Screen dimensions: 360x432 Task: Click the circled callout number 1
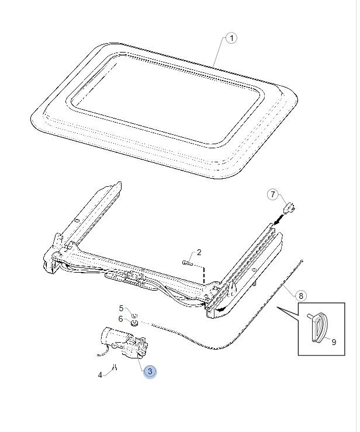232,38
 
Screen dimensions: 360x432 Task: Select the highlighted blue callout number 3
150,371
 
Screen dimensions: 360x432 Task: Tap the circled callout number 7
273,194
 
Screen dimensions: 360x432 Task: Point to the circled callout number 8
301,296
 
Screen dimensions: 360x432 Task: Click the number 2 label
199,252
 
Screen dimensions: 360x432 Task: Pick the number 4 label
100,375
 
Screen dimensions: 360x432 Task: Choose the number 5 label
121,308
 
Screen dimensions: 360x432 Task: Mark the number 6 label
120,319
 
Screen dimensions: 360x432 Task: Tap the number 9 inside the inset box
334,342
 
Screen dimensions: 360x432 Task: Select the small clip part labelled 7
289,207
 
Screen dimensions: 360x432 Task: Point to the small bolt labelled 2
188,263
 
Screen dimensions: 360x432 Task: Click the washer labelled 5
134,315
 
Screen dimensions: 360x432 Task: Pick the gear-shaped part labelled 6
134,323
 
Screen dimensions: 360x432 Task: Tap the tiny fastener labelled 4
115,367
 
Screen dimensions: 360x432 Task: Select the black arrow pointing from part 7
279,220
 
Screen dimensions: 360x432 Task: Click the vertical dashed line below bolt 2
204,275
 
